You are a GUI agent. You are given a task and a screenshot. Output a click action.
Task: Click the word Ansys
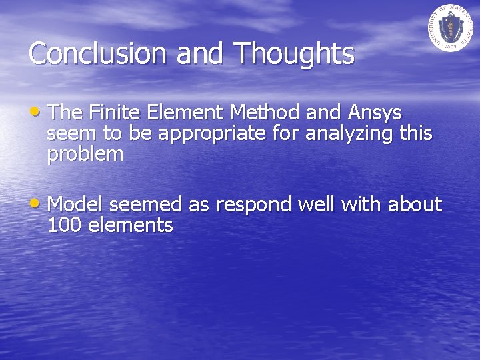pos(375,111)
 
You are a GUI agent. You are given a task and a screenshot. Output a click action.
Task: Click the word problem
pos(85,155)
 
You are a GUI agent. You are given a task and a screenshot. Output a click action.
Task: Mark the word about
pos(414,204)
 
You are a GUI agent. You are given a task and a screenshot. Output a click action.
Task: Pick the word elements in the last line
pos(130,225)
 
